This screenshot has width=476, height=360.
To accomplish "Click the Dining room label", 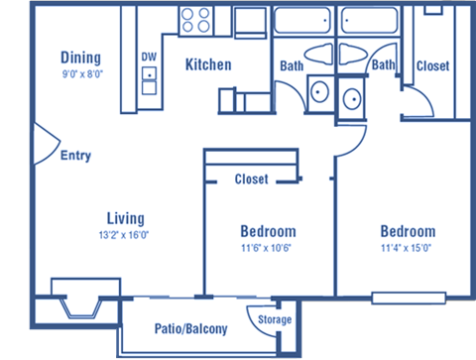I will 80,57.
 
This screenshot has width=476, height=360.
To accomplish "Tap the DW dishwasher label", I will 149,58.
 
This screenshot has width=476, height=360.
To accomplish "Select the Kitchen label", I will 208,65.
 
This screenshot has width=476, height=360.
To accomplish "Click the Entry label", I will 76,156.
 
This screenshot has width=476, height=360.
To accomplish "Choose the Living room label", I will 127,218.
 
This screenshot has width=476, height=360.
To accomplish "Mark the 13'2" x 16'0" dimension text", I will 127,234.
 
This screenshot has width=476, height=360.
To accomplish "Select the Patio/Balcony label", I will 191,329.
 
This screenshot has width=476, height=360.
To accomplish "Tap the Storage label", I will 275,319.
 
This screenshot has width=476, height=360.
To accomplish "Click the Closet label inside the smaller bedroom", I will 252,180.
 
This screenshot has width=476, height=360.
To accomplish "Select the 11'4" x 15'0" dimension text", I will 408,247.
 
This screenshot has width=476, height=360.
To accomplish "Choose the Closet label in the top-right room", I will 432,66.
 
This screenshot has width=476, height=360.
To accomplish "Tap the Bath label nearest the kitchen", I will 292,66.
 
